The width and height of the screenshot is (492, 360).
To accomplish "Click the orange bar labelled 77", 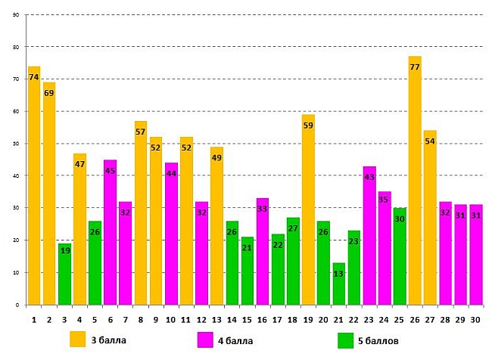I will (x=415, y=182).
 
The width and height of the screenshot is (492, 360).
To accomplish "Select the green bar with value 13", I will (x=338, y=284).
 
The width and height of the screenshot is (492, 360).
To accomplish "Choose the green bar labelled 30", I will (x=400, y=256).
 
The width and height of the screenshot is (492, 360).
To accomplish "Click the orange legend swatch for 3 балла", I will (x=78, y=339).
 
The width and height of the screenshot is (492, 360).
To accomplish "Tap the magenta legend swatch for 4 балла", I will (x=204, y=340).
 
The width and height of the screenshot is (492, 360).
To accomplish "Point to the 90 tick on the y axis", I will (x=16, y=15).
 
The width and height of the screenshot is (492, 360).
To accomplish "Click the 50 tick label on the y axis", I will (x=16, y=144).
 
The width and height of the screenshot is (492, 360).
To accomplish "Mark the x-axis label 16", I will (x=262, y=319).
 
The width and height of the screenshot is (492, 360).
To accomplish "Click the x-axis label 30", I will (x=475, y=319).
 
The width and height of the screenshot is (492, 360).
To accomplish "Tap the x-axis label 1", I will (x=34, y=319).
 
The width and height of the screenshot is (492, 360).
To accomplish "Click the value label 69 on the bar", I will (x=49, y=93).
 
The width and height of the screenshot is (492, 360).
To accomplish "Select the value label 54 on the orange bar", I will (x=430, y=141).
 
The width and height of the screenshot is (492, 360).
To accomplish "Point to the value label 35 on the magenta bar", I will (x=385, y=200).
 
